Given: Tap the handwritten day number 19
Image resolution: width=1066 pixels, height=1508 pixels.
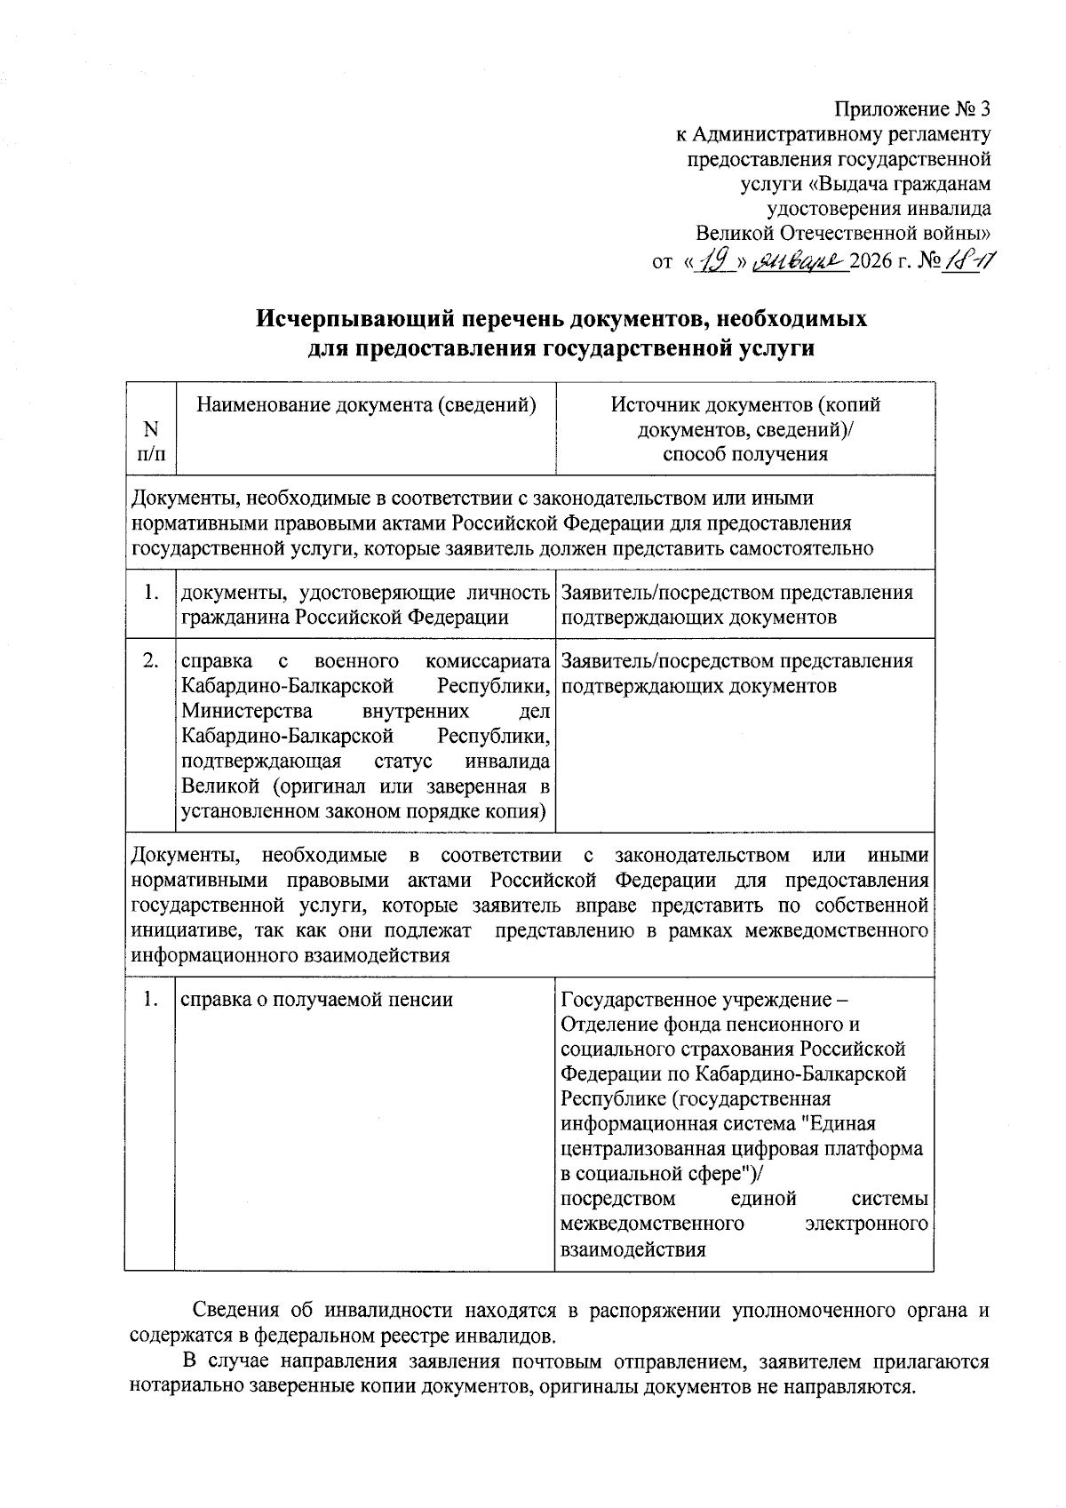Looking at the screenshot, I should tap(715, 261).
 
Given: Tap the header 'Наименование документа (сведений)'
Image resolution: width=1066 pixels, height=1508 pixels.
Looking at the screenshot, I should tap(366, 405).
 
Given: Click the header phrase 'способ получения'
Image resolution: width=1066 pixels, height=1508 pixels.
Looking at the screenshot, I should tap(745, 455).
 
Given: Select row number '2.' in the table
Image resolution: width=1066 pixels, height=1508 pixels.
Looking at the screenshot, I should tap(151, 661).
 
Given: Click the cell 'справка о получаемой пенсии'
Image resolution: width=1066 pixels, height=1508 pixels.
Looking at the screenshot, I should tap(317, 1000).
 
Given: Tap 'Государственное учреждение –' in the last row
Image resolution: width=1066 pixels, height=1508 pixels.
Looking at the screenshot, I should tap(706, 1000).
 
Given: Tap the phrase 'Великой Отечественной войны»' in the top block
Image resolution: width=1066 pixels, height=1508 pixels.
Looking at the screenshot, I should tap(843, 235).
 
